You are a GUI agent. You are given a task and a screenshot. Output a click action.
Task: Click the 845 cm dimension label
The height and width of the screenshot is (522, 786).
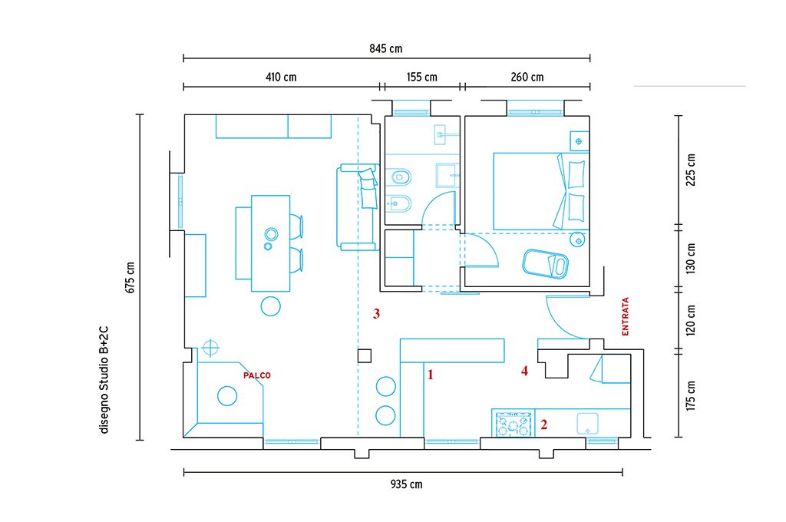coord(386,48)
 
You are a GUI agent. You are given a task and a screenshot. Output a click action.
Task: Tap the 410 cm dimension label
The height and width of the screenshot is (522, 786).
coord(281,78)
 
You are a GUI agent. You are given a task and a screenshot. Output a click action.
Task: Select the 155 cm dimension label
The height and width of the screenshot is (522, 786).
coord(421,78)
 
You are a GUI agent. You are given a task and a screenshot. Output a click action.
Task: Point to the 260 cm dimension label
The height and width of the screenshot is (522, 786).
coord(527,78)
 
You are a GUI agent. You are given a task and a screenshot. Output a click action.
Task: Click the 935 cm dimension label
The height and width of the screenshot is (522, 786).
coord(407,484)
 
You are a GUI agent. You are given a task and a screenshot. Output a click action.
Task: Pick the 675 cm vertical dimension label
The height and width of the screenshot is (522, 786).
coord(130,278)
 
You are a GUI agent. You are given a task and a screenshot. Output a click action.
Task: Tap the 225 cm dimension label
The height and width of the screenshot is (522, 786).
coord(692,170)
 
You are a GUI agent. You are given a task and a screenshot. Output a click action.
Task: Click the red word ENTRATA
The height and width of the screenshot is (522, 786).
coord(625,316)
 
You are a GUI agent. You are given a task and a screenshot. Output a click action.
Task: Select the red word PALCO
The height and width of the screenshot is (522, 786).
coord(256,375)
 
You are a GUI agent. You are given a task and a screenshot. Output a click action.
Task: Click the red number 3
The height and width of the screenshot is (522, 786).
coord(376,314)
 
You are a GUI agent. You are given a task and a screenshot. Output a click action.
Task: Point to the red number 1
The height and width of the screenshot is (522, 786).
coord(430,375)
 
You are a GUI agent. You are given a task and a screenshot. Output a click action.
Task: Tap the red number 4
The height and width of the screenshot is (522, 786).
coord(524,371)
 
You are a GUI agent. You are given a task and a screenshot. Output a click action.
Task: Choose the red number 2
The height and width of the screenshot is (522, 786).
coord(544,425)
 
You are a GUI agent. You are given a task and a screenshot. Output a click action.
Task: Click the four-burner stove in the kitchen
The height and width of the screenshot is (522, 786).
coord(513,423)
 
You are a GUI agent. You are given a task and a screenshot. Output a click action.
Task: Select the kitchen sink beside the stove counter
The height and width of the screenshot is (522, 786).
coord(587,424)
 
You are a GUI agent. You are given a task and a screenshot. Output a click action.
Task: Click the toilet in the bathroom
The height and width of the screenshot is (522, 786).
coord(399,177)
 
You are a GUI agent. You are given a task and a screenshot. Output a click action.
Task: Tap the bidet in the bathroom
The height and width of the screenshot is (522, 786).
coord(399,204)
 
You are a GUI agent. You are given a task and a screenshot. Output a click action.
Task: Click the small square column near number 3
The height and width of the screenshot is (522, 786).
coord(365,356)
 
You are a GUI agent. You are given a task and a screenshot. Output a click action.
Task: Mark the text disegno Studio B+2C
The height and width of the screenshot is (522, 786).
coord(104,380)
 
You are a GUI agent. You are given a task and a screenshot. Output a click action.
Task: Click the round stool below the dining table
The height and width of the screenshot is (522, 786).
coord(271,306)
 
